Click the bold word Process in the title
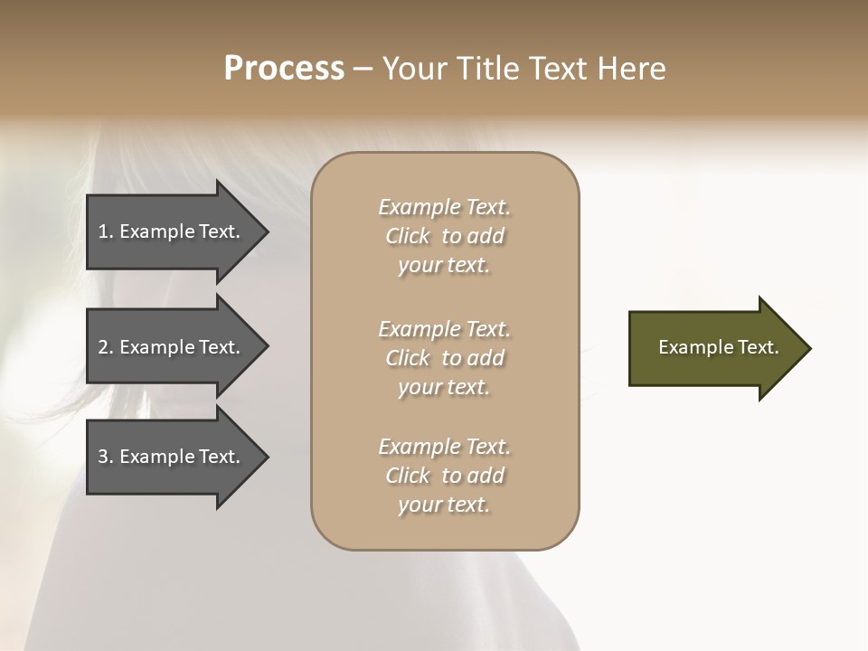284,69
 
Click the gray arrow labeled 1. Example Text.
163,231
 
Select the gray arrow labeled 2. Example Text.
163,347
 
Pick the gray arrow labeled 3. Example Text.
163,457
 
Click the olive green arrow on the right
705,348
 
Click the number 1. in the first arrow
105,231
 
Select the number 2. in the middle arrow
105,347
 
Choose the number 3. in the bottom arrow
105,457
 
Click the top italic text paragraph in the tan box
444,236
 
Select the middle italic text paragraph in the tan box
444,358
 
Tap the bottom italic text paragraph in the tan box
444,476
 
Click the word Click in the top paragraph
407,236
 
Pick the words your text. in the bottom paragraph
444,505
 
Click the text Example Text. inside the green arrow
718,347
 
